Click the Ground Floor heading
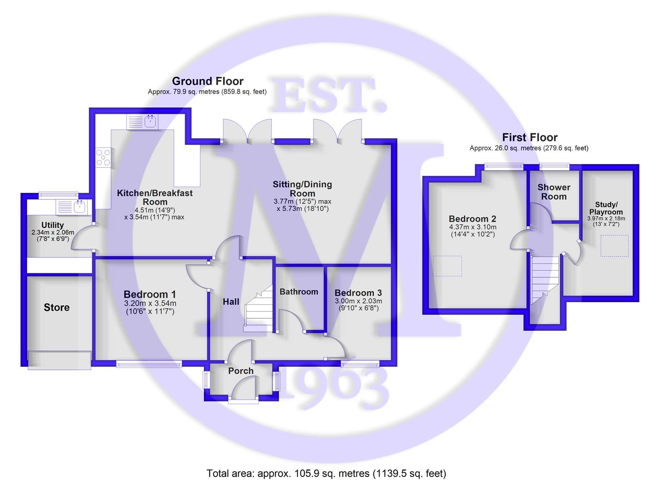[x=208, y=81]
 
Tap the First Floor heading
[x=530, y=137]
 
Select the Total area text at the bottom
[x=327, y=465]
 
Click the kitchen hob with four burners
[x=103, y=157]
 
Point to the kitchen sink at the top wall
[x=142, y=122]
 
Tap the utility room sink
[x=74, y=207]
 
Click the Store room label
[x=56, y=307]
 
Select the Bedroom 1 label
[x=150, y=294]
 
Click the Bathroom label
[x=299, y=292]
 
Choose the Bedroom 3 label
[x=358, y=292]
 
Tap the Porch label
[x=241, y=371]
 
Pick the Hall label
[x=231, y=301]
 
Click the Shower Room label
[x=554, y=192]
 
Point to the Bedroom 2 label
[x=472, y=219]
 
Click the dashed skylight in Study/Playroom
[x=615, y=246]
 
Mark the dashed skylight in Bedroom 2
[x=447, y=266]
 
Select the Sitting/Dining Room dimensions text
[x=303, y=205]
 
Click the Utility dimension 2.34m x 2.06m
[x=53, y=232]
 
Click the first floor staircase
[x=545, y=280]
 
